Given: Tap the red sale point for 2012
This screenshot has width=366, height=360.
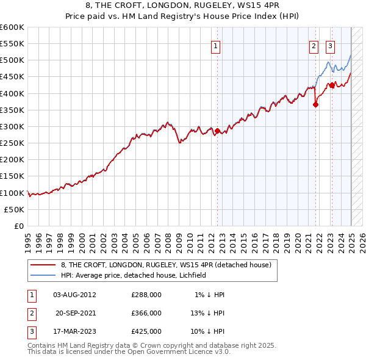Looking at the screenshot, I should click(218, 131).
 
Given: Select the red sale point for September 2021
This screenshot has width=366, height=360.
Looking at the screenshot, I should click(315, 104).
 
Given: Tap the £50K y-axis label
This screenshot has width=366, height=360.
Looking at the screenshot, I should click(15, 209).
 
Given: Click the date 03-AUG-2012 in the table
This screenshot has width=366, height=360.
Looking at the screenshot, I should click(75, 295).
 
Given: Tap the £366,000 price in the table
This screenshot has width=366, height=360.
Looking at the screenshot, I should click(146, 313).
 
